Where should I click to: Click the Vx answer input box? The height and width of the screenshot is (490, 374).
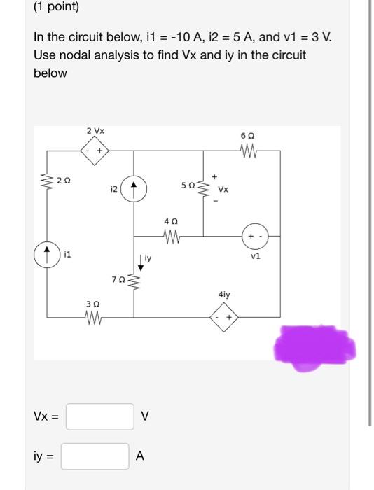pyautogui.click(x=100, y=417)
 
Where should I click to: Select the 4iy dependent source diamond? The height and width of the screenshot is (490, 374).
pyautogui.click(x=224, y=319)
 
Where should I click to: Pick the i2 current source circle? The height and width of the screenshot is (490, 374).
pyautogui.click(x=134, y=188)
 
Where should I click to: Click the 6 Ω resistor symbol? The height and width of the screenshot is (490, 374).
pyautogui.click(x=249, y=150)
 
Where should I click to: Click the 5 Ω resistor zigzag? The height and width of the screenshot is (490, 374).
pyautogui.click(x=204, y=187)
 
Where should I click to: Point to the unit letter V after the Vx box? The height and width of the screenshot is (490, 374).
pyautogui.click(x=144, y=418)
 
